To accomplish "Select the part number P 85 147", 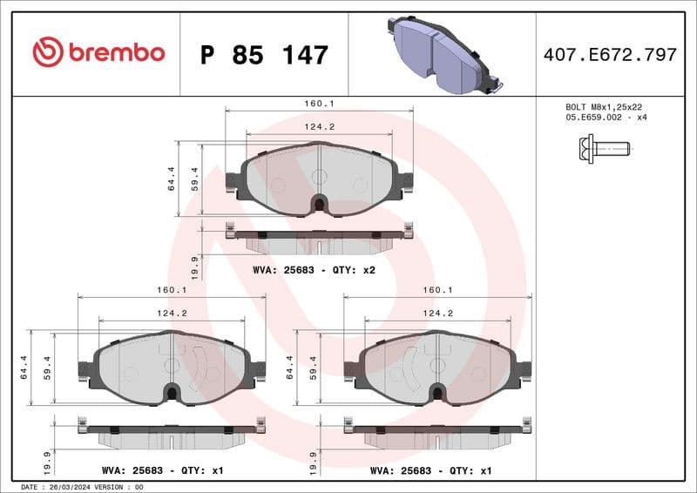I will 264,55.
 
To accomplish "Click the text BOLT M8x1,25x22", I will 604,106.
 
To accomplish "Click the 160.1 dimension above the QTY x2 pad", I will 319,103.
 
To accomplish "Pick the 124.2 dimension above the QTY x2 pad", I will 319,126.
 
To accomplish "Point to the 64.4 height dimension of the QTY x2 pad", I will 172,179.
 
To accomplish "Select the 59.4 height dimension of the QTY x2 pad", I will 196,179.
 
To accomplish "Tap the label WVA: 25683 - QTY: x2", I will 314,270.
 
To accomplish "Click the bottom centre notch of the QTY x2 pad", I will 319,206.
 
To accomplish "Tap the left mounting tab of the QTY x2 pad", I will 233,181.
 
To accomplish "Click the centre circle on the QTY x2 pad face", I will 319,176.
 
